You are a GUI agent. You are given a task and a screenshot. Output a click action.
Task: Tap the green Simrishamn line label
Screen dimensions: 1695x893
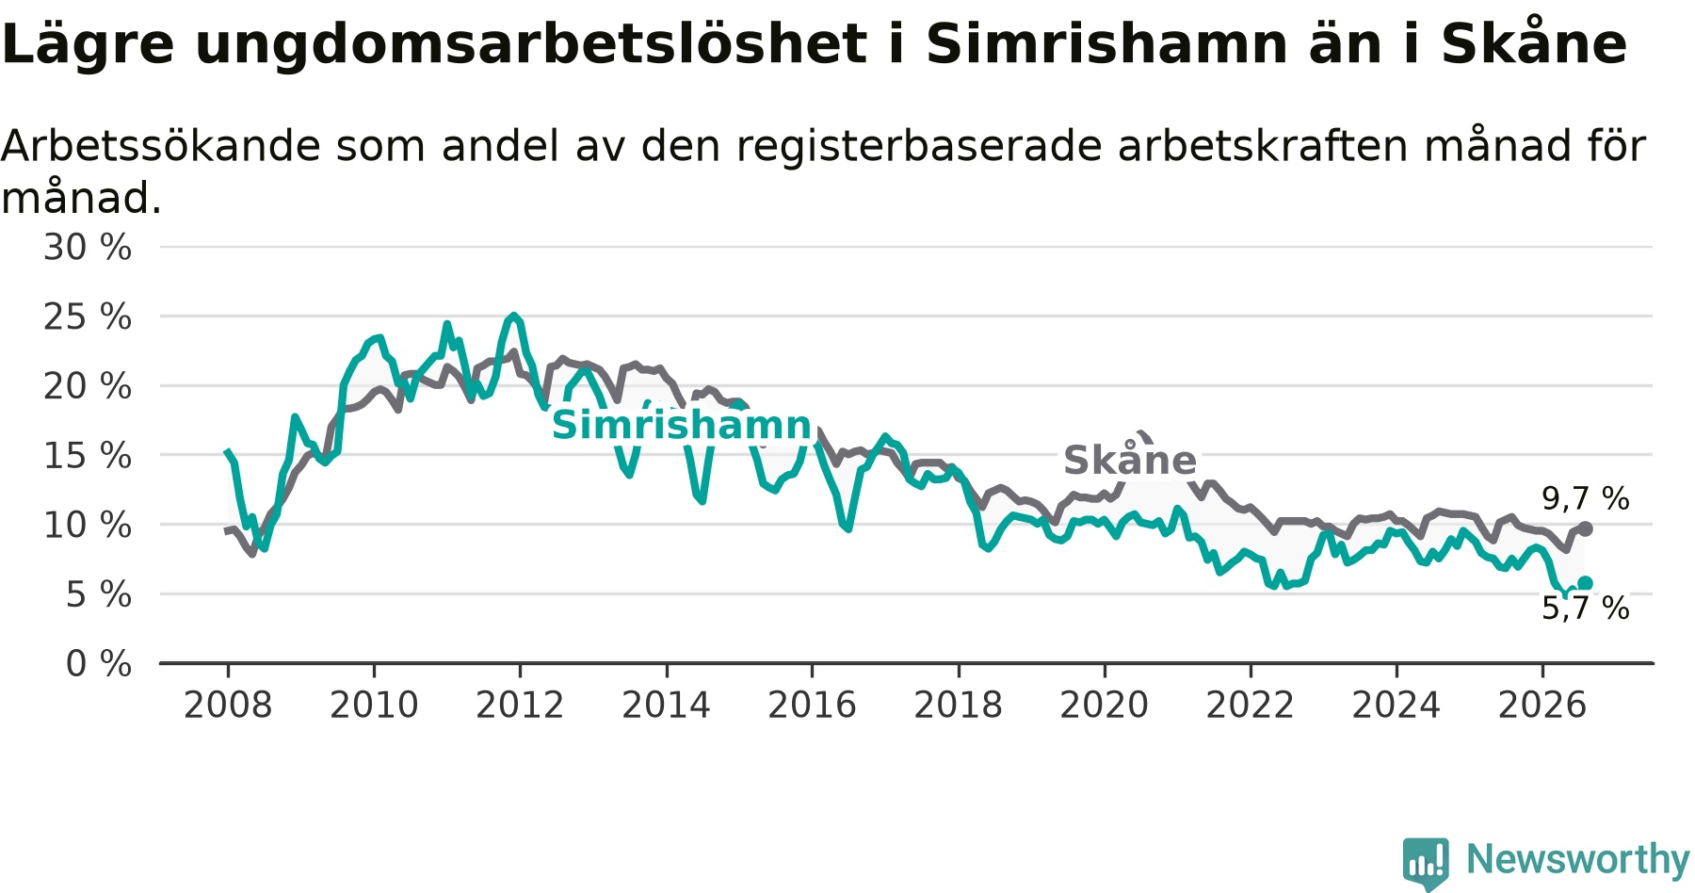click(x=682, y=425)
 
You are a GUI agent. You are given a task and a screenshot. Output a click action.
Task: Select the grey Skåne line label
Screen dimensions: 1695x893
click(x=1130, y=460)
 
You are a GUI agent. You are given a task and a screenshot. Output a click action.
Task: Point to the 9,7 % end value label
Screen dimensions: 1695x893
click(x=1586, y=498)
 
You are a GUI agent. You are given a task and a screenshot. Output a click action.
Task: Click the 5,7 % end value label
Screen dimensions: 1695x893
click(x=1586, y=608)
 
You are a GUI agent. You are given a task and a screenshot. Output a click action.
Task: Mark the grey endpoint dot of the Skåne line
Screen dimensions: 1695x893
click(x=1586, y=528)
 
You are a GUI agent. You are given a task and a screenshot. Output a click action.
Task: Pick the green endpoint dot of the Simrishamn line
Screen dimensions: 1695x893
click(x=1586, y=584)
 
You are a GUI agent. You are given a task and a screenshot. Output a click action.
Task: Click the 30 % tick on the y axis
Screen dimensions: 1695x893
click(x=88, y=248)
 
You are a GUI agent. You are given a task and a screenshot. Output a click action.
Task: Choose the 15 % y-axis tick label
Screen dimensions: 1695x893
click(x=88, y=456)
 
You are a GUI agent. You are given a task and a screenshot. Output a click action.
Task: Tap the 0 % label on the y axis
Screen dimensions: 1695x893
click(x=99, y=664)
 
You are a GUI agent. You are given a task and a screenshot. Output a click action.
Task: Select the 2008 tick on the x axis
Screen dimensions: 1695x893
click(x=228, y=705)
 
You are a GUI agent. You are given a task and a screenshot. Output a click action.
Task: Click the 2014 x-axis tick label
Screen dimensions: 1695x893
click(x=666, y=705)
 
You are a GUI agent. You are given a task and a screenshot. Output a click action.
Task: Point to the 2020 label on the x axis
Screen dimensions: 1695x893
click(x=1105, y=705)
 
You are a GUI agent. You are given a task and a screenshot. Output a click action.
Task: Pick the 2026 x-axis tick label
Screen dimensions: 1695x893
click(x=1542, y=705)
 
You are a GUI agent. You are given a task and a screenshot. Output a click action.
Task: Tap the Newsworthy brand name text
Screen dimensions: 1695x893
click(x=1578, y=859)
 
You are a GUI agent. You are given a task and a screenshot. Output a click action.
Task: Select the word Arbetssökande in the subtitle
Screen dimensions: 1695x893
click(x=161, y=146)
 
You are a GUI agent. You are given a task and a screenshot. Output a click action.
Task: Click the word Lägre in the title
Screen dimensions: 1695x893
click(x=88, y=45)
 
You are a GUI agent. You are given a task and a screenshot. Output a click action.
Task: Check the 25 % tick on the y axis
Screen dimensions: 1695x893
click(x=88, y=317)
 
